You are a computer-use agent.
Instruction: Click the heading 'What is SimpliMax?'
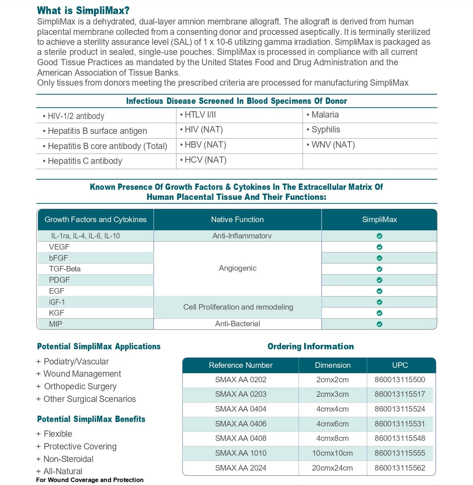[83, 10]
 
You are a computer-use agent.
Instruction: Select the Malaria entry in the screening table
[325, 115]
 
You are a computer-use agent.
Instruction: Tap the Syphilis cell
[325, 130]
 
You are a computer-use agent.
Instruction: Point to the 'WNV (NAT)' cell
[333, 145]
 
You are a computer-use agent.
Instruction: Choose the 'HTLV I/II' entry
[200, 115]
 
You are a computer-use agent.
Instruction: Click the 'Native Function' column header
[237, 220]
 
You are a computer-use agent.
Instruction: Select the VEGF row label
[59, 247]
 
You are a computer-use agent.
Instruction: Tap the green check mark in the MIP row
[379, 324]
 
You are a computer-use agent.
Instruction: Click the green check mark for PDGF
[379, 280]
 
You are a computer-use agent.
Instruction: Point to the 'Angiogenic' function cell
[237, 268]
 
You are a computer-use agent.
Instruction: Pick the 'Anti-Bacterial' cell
[237, 324]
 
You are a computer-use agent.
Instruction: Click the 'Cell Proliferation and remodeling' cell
[238, 307]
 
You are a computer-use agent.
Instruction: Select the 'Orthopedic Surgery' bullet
[80, 387]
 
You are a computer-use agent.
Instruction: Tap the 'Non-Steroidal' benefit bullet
[68, 459]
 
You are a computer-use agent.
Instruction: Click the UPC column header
[400, 365]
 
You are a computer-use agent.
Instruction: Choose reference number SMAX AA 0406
[241, 424]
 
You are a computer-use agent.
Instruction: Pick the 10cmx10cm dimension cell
[332, 453]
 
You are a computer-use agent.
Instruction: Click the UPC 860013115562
[400, 468]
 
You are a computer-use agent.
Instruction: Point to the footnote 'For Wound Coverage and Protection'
[90, 480]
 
